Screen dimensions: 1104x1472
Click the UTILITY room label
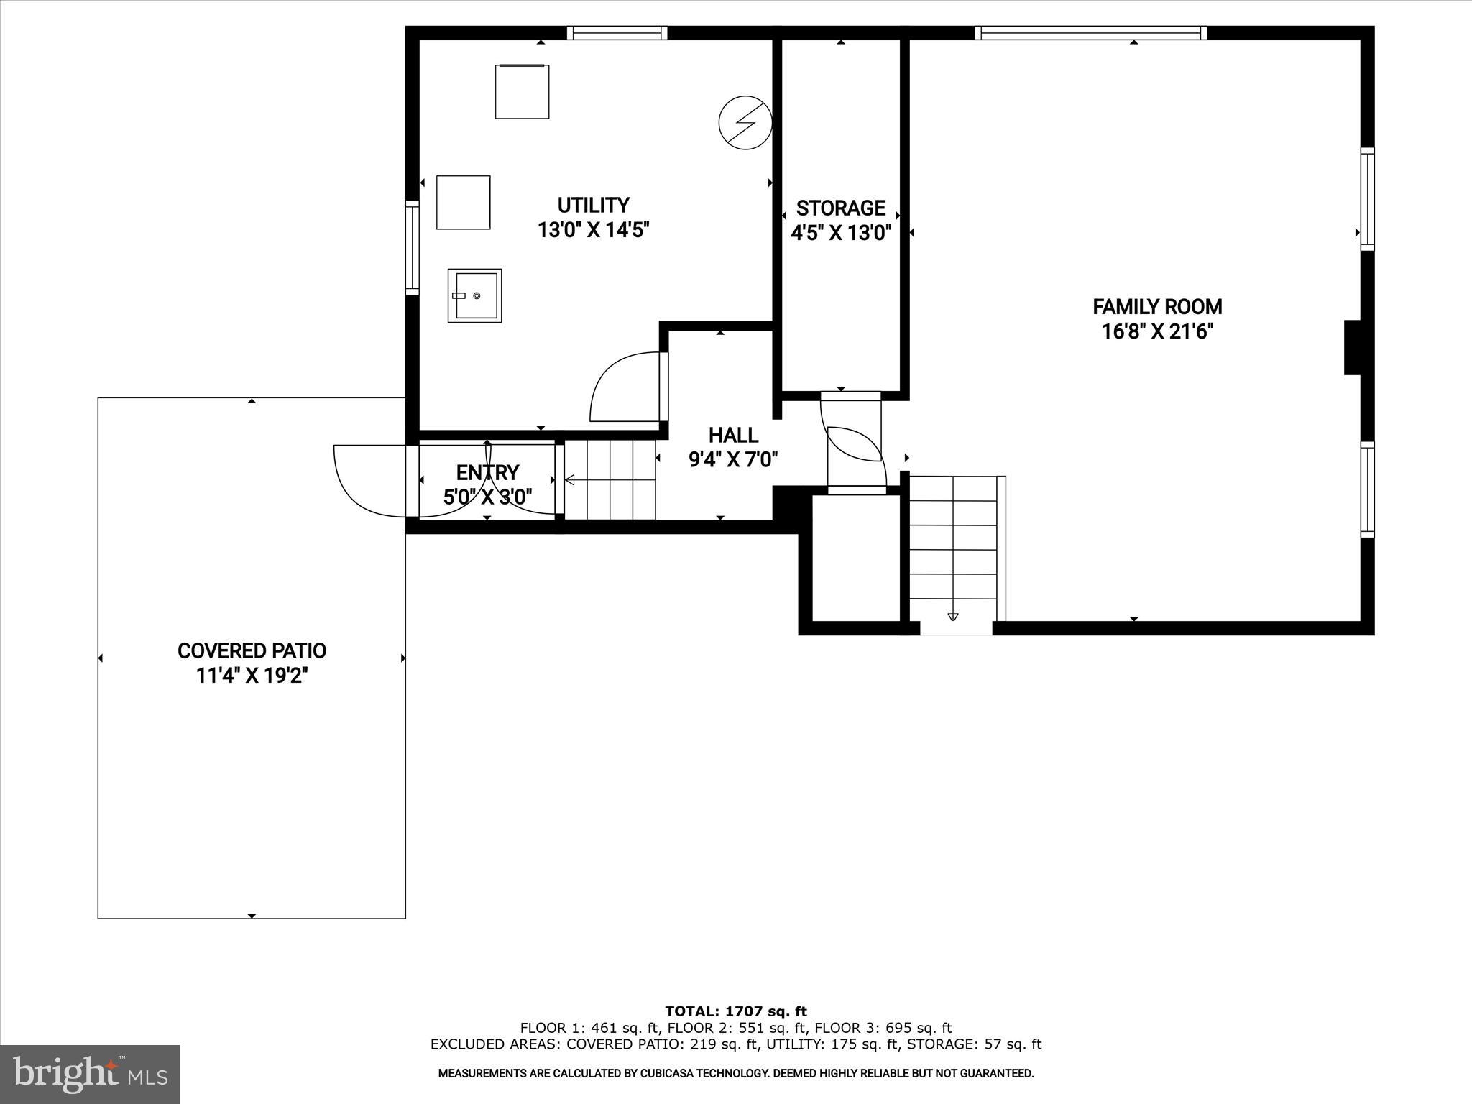coord(594,206)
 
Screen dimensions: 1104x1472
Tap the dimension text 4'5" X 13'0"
coord(841,233)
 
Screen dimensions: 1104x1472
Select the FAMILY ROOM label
coord(1157,307)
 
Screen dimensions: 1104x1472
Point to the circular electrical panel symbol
coord(745,122)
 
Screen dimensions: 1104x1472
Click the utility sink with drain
coord(474,295)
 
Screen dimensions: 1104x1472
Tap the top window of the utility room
coord(617,33)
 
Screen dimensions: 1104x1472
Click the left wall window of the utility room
coord(412,247)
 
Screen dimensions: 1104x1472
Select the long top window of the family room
coord(1090,33)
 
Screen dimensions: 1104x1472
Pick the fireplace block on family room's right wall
coord(1353,347)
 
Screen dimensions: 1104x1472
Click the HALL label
coord(733,435)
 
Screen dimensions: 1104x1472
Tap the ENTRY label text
coord(487,472)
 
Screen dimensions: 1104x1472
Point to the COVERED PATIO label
coord(252,650)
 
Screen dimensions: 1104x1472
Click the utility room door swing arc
coord(622,388)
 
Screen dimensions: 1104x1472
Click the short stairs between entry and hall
coord(611,480)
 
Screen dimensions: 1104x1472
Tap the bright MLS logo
coord(90,1074)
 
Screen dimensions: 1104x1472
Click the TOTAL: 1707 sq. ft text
coord(736,1011)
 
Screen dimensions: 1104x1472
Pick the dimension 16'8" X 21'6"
coord(1157,332)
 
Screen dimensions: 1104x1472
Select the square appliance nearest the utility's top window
coord(523,91)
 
